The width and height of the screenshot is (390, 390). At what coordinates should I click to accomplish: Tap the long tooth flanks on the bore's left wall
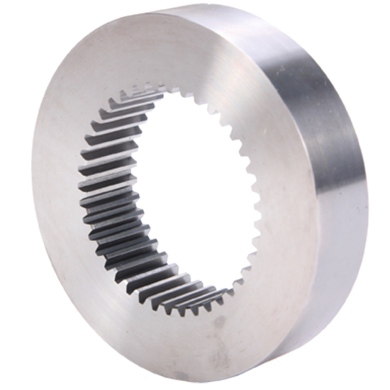pos(99,191)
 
